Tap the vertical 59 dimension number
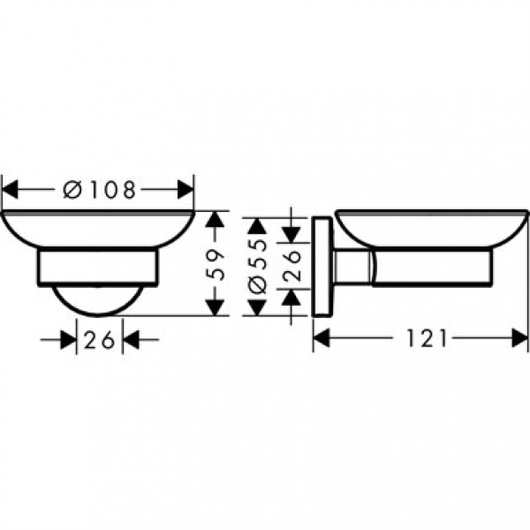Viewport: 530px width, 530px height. tap(212, 263)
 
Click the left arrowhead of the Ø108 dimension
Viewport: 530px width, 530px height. tap(11, 189)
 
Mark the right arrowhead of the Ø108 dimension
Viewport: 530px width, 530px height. tap(185, 189)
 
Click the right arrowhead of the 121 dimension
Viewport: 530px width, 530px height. tap(519, 338)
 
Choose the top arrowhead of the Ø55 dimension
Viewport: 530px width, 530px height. tap(254, 222)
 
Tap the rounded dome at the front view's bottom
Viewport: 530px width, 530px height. tap(98, 301)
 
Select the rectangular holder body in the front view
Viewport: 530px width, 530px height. tap(98, 268)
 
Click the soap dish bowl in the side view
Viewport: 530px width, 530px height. tap(431, 228)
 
